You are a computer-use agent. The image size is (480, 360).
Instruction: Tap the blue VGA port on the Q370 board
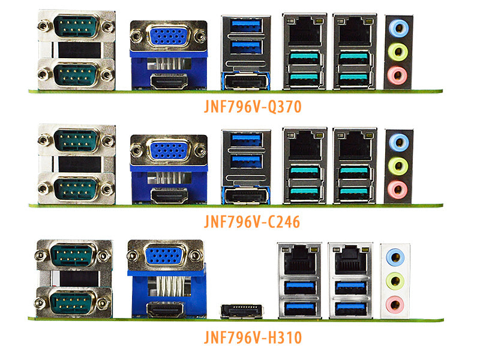[x=169, y=37]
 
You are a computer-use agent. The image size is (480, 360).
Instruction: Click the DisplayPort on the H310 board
[x=242, y=311]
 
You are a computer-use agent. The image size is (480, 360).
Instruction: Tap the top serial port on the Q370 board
[x=76, y=26]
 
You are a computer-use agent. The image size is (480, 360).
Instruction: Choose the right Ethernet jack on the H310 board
[x=350, y=259]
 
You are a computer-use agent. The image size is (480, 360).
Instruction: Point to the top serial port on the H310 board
[x=73, y=255]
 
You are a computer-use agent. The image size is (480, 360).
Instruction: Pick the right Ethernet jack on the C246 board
[x=355, y=145]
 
